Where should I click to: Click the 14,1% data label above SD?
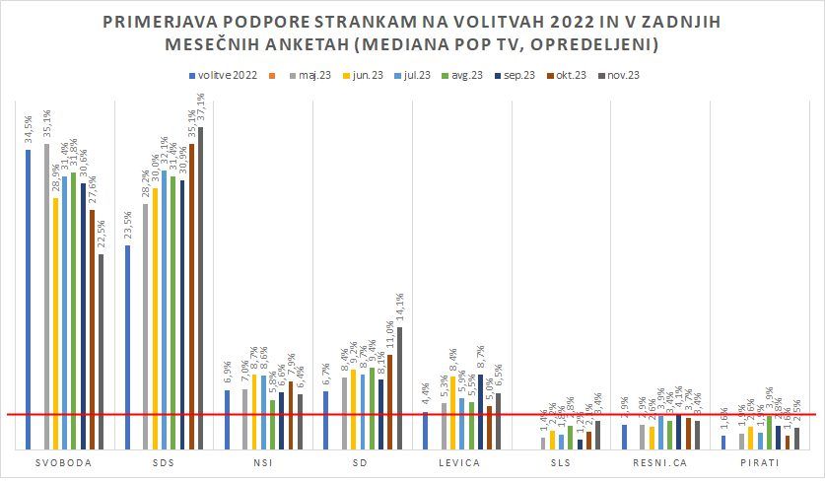399,309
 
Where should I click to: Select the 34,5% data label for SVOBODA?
29,129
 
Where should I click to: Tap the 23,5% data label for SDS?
128,225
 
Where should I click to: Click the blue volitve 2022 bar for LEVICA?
426,430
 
